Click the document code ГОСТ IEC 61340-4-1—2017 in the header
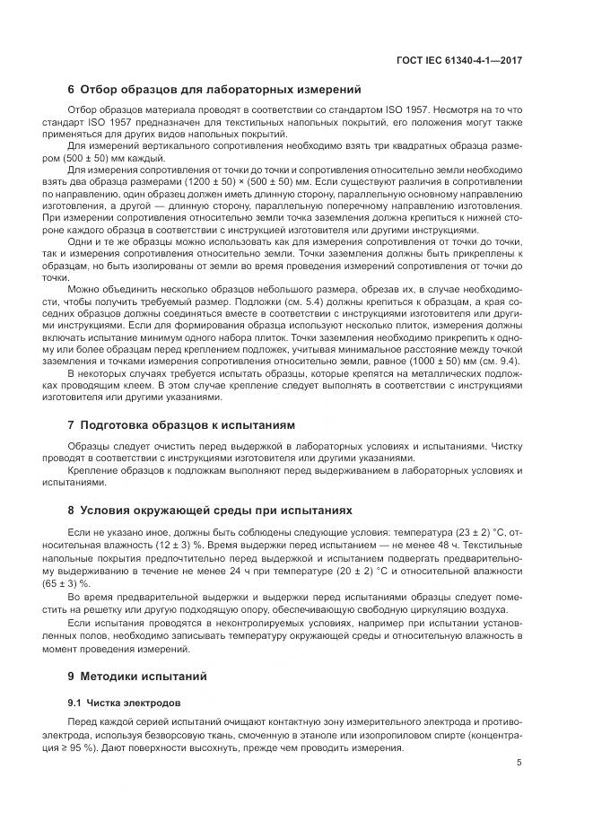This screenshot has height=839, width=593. click(458, 61)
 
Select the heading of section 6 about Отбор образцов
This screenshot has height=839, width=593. click(214, 90)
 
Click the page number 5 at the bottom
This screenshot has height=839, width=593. click(519, 764)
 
